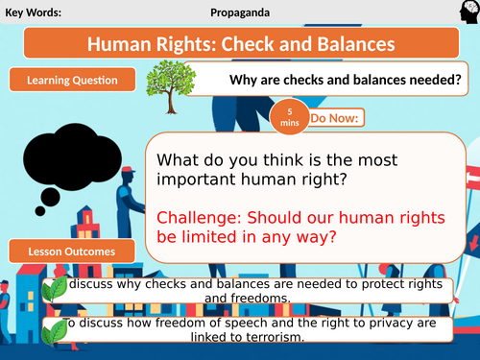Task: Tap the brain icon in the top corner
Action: point(464,13)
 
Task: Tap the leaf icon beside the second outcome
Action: point(54,328)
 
